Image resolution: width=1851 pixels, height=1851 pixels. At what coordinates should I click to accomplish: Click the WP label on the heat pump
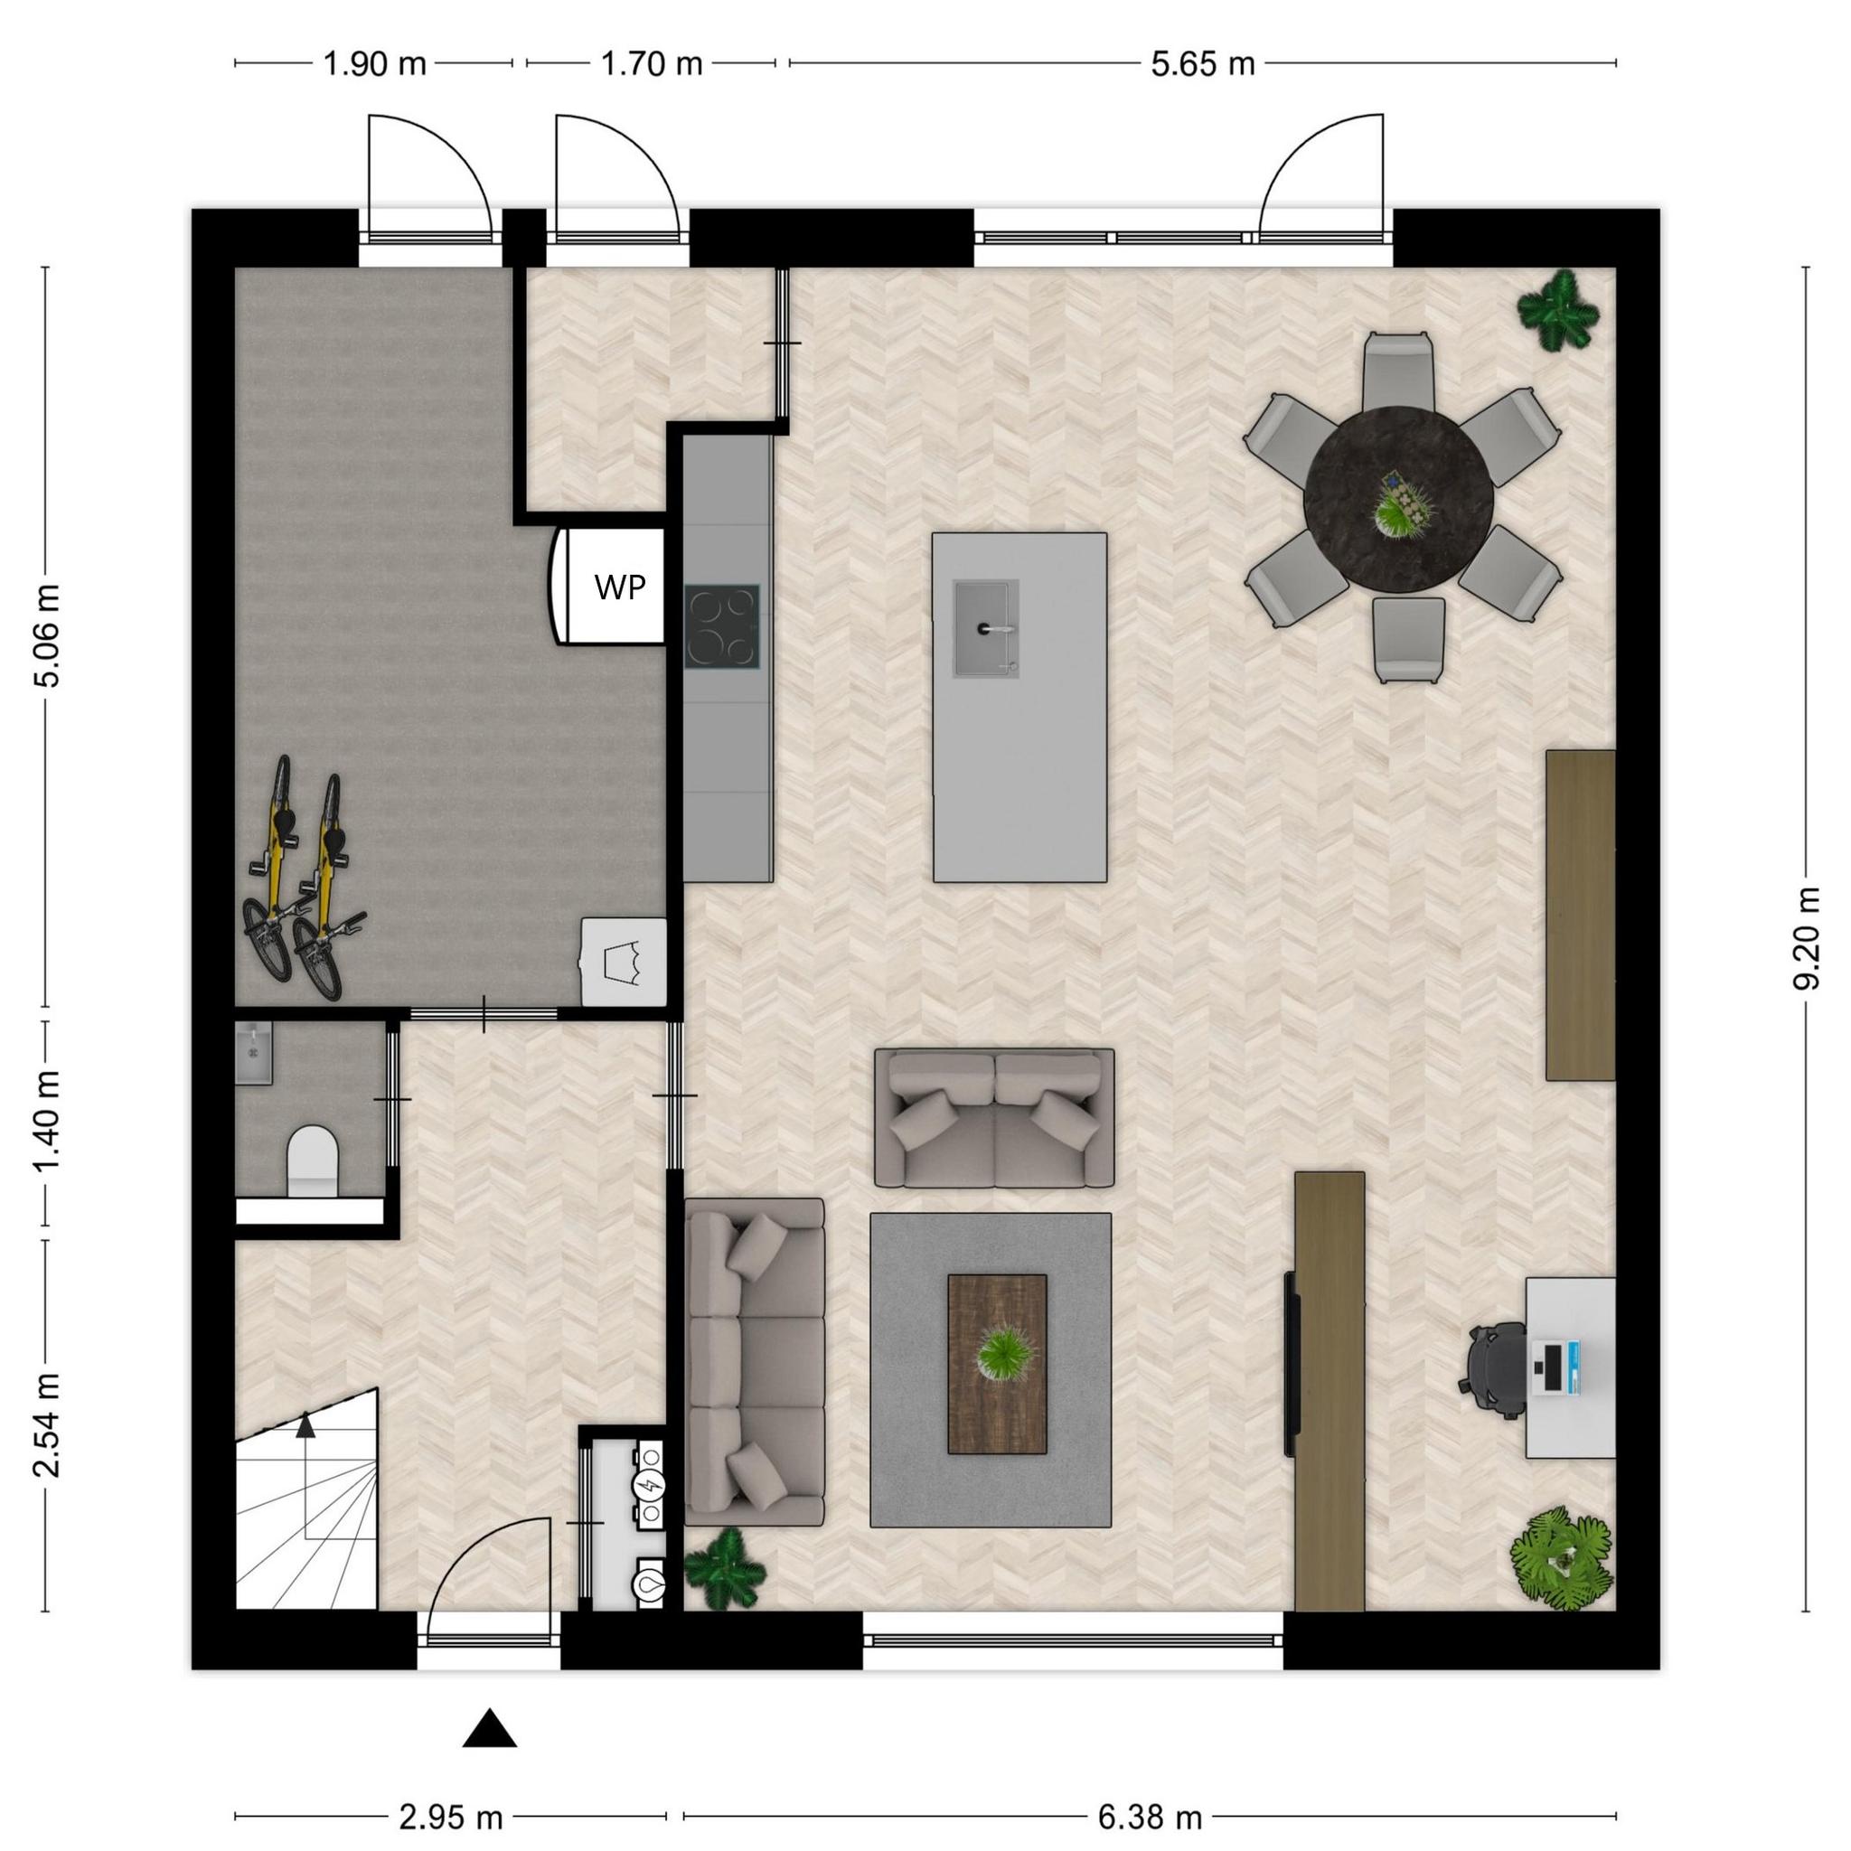coord(620,587)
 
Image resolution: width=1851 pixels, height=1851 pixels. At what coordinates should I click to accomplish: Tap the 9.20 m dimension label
coord(1806,939)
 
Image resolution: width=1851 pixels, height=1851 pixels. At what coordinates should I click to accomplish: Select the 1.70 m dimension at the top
coord(652,64)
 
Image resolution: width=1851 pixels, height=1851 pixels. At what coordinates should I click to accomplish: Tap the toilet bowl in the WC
coord(313,1160)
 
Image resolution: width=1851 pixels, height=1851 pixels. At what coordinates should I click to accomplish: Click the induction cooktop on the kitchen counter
coord(722,626)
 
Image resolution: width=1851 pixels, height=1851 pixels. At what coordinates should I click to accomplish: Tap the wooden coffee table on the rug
coord(996,1364)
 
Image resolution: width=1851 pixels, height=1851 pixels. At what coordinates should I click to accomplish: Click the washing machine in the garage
coord(624,961)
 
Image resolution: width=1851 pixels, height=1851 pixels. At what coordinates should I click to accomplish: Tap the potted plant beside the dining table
coord(1558,308)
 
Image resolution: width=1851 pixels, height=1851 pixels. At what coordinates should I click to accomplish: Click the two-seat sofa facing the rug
coord(994,1118)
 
